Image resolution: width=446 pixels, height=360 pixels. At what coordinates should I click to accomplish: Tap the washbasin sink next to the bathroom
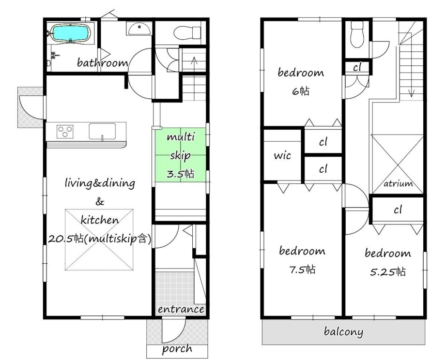(x=139, y=29)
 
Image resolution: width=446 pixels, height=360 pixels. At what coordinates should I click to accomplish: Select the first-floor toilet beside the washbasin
(x=187, y=33)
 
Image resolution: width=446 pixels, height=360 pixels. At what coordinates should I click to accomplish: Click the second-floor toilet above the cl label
(x=357, y=34)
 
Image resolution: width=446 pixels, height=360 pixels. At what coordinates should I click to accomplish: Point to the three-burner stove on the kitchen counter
(x=65, y=132)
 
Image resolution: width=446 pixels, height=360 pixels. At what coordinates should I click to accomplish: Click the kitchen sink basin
(x=102, y=131)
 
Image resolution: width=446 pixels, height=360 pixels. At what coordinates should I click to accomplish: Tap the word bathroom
(x=103, y=62)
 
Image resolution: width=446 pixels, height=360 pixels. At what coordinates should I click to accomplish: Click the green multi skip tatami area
(x=180, y=155)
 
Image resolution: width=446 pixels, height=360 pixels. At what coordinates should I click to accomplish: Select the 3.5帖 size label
(x=180, y=173)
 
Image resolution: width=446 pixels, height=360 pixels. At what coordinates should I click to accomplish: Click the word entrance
(x=181, y=309)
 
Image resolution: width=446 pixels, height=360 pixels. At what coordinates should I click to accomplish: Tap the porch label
(x=177, y=349)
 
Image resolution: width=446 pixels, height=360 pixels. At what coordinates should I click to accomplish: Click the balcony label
(x=343, y=331)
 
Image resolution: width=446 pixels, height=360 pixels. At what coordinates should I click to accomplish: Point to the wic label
(x=282, y=155)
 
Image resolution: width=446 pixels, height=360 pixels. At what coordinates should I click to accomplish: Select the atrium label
(x=398, y=183)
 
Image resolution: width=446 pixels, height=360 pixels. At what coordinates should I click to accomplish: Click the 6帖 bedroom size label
(x=300, y=91)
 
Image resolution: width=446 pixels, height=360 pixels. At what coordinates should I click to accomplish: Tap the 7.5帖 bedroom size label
(x=302, y=270)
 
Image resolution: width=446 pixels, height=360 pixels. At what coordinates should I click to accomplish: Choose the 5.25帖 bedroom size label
(x=388, y=272)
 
